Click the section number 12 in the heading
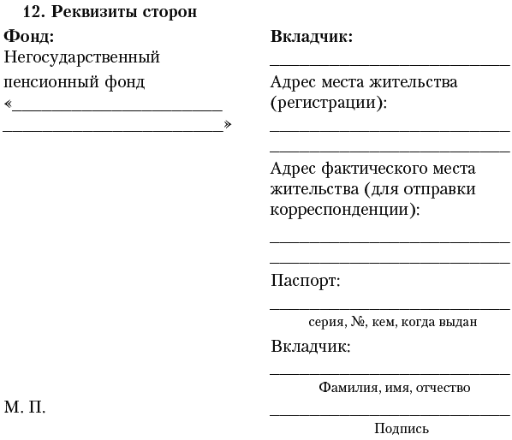tap(33, 13)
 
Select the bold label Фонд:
tap(28, 37)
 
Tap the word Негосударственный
tap(82, 58)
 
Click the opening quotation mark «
tap(8, 106)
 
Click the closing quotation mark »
tap(228, 125)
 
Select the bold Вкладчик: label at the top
tap(312, 37)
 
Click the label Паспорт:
tap(305, 281)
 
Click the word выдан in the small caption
tap(456, 322)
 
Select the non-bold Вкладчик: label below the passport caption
tap(310, 347)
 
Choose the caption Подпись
tap(401, 429)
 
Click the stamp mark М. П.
tap(25, 407)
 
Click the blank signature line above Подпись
tap(390, 414)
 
